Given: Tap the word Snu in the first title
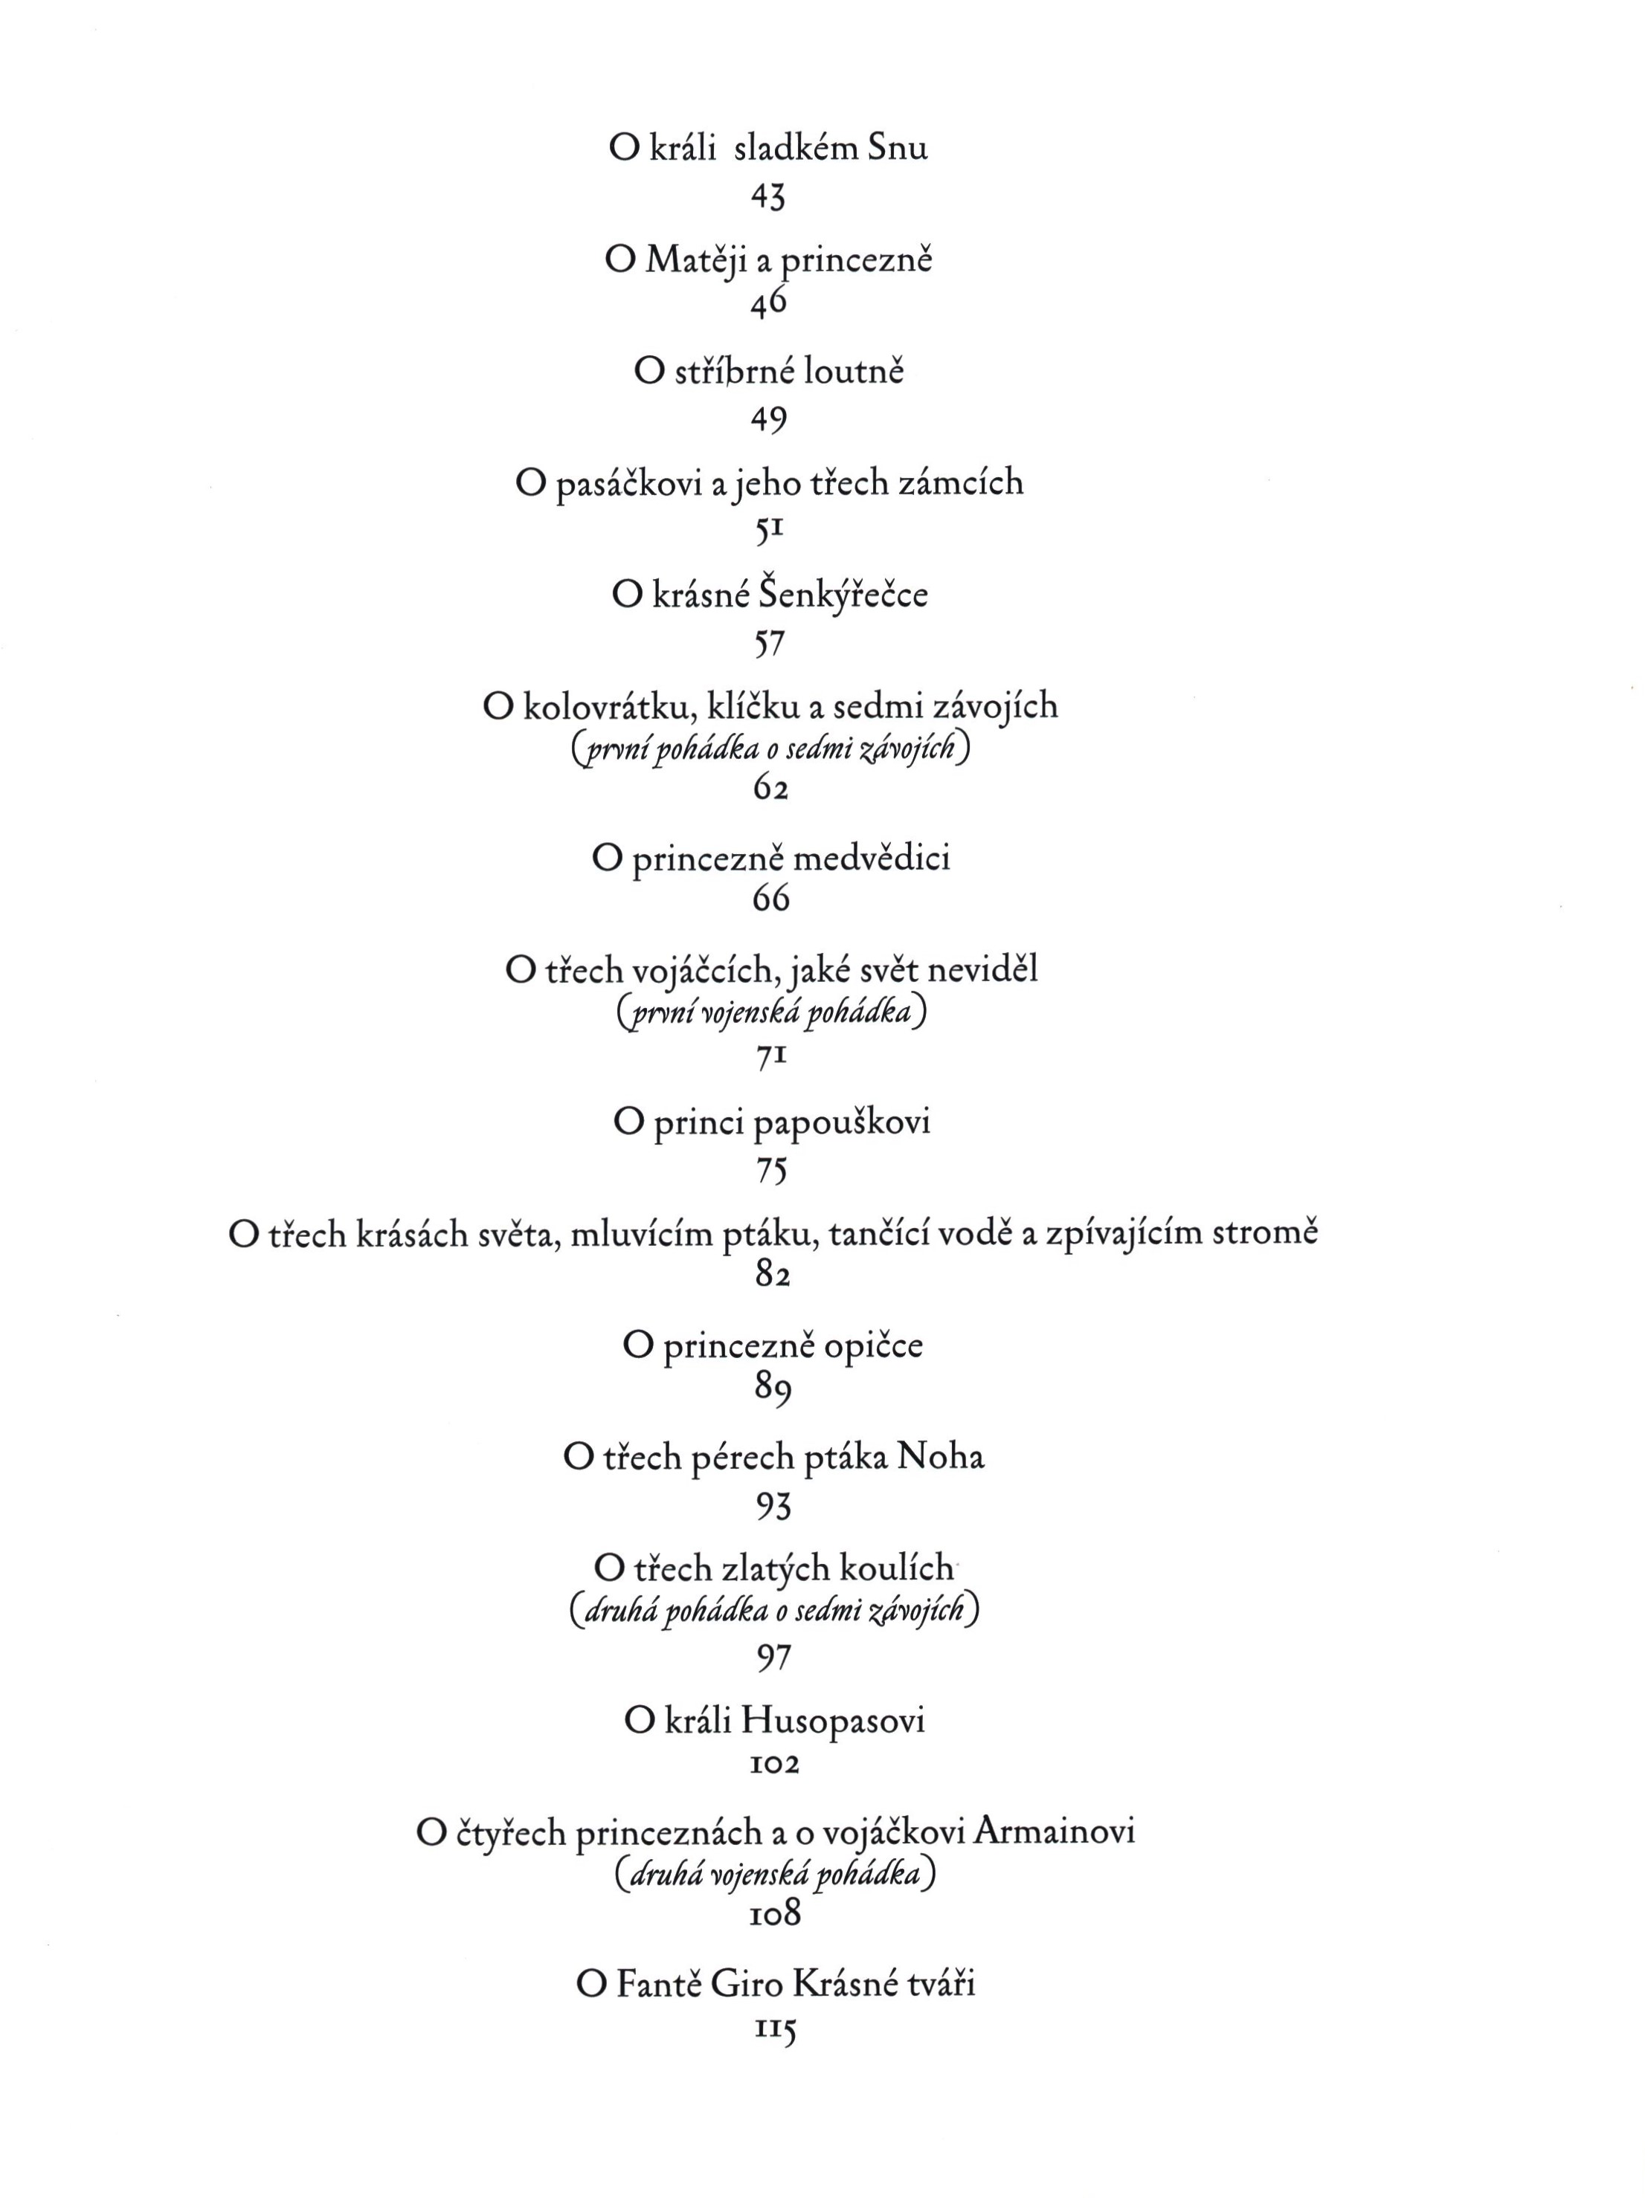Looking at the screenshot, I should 898,148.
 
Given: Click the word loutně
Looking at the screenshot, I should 854,372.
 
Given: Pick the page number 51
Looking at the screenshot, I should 768,531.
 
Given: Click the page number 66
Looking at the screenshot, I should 770,898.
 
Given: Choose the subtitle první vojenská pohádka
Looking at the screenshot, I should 770,1012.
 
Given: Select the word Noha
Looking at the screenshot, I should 939,1458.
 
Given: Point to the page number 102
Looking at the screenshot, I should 773,1764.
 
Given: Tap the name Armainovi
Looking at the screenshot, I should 1054,1832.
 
